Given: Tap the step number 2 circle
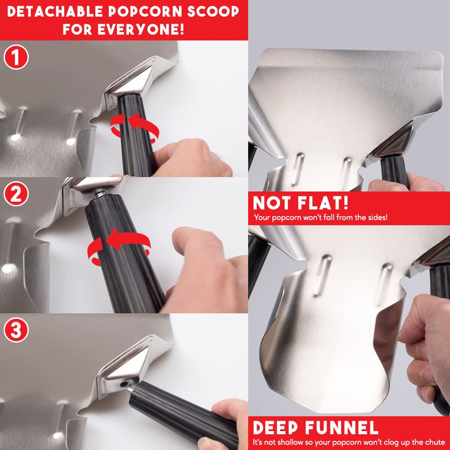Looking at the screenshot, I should coord(16,194).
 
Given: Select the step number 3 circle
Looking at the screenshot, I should coord(16,330).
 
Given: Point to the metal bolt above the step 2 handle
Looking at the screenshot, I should coord(99,195).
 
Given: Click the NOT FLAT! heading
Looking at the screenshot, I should coord(301,203).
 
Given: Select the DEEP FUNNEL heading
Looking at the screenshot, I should coord(315,427).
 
